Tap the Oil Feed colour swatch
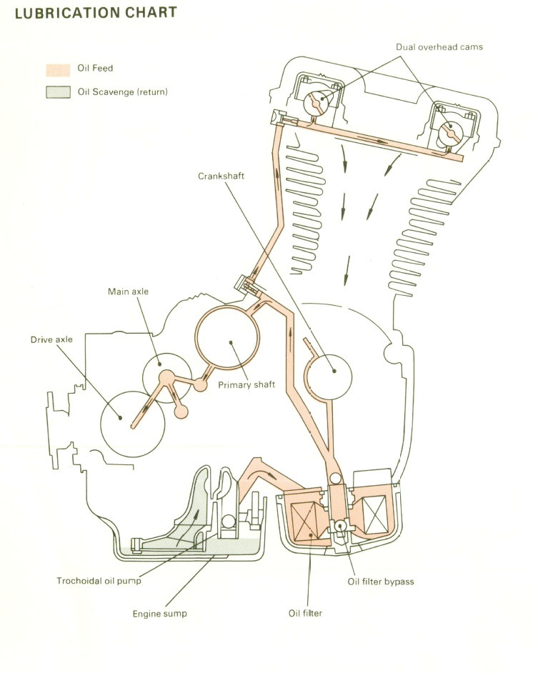(x=58, y=70)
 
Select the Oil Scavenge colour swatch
(x=58, y=92)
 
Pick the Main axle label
(x=128, y=291)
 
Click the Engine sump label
(x=159, y=614)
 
